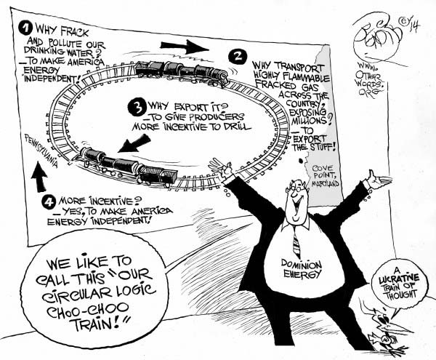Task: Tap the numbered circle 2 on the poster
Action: tap(236, 55)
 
